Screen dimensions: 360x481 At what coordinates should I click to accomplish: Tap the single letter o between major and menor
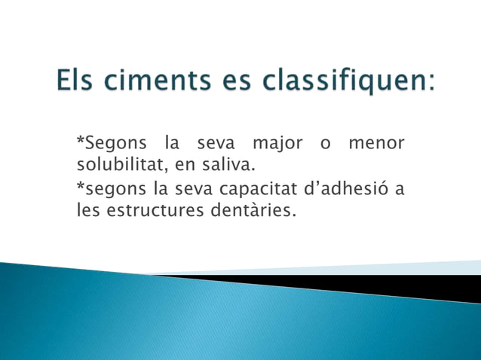pyautogui.click(x=325, y=143)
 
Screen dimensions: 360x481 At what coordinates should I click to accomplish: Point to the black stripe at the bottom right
pyautogui.click(x=392, y=285)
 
